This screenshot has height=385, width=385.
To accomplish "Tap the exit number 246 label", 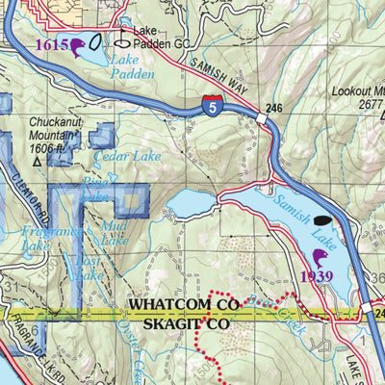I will [x=275, y=110].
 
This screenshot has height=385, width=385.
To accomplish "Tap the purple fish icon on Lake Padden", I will [x=76, y=45].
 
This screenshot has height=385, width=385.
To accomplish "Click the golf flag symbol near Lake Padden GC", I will [x=122, y=39].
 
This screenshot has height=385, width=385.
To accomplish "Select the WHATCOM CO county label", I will [x=182, y=305].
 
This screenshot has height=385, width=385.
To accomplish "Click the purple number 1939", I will [x=318, y=277].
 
